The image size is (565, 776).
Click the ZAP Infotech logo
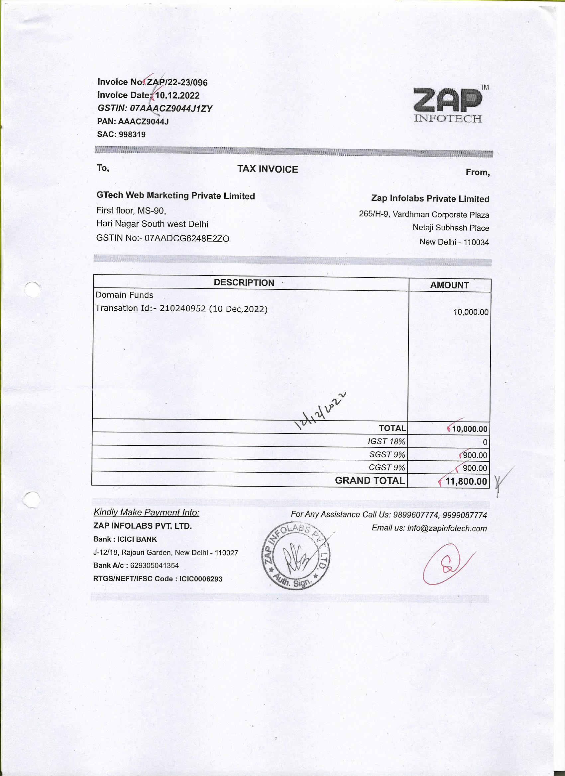tap(448, 104)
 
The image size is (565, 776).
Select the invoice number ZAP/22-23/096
tap(177, 82)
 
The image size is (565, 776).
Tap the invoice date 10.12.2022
tap(177, 96)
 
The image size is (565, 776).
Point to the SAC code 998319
tap(132, 134)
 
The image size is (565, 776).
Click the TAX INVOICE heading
tap(268, 169)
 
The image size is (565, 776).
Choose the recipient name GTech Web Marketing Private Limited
tap(175, 196)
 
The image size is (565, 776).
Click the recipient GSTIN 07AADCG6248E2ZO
tap(187, 239)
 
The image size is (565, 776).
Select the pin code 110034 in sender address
tap(476, 242)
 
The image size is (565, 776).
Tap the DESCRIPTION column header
tap(244, 282)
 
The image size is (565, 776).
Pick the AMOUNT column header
tap(449, 285)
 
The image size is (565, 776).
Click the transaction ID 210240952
tap(182, 309)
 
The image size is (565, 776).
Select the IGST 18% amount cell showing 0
tap(485, 442)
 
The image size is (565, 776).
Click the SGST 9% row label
tap(387, 455)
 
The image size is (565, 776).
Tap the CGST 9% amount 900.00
tap(475, 468)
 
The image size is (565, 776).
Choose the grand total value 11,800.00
tap(466, 481)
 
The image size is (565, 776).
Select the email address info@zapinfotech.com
tap(447, 528)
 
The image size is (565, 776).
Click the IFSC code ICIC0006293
tap(201, 579)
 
